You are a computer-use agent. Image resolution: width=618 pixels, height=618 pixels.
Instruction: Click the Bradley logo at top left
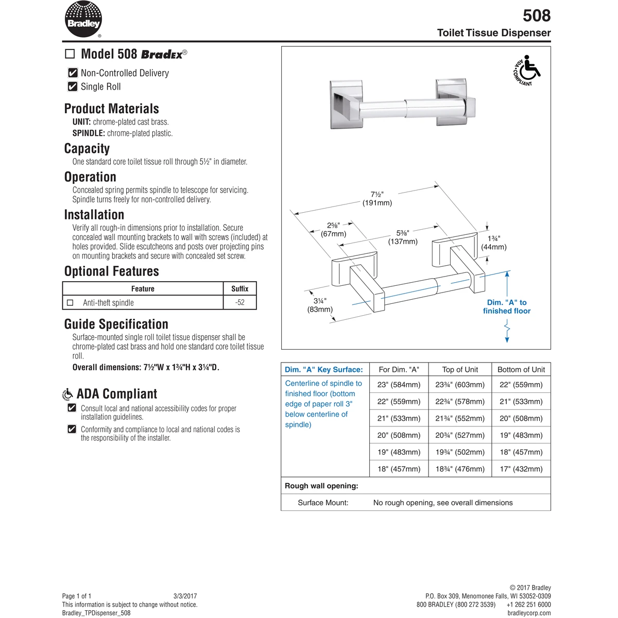coord(83,20)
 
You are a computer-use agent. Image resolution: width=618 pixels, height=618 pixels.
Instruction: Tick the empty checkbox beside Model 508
coord(70,54)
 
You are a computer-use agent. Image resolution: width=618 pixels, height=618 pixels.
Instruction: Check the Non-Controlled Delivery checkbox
coord(73,73)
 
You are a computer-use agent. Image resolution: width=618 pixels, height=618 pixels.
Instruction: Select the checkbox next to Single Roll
coord(73,87)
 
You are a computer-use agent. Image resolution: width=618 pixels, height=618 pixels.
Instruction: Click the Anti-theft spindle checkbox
coord(70,303)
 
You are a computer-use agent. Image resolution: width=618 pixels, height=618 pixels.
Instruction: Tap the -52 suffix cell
coord(239,302)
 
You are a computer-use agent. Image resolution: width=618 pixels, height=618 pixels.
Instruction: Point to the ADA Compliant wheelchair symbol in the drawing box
coord(527,71)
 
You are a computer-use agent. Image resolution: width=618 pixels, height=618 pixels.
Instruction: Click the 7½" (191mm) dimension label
coord(377,199)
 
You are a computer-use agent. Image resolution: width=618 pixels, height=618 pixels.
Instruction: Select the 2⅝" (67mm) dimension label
coord(333,230)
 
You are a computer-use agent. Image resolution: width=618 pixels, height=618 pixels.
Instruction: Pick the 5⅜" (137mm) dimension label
coord(403,237)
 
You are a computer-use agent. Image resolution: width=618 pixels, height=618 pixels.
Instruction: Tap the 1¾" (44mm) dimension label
coord(493,243)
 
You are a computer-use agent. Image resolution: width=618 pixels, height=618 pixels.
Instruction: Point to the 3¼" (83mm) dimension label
coord(320,305)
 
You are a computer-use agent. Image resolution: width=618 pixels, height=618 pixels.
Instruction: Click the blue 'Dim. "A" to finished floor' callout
coord(507,306)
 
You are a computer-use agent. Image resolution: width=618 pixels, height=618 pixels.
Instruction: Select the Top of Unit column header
coord(460,369)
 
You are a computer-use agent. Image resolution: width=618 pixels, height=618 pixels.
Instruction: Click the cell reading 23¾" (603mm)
coord(460,385)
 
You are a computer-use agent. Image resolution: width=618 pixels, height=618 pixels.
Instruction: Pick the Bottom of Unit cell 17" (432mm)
coord(521,469)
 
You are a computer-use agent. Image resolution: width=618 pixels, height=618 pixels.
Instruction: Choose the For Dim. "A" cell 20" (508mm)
coord(399,435)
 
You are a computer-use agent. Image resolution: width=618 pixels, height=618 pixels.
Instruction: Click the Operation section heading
coord(90,177)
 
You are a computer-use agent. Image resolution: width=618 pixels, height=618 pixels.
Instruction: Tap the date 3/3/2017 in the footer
coord(185,596)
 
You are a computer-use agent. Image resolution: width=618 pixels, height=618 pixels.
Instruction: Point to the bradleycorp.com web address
coord(529,613)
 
